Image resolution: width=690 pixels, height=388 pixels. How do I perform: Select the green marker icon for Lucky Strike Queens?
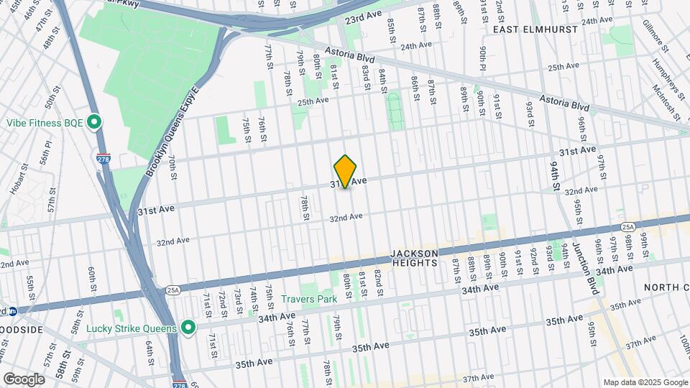tap(189, 328)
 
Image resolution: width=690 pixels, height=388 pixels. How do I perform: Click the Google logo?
tap(24, 379)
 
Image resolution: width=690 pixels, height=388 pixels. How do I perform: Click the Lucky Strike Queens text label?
tap(131, 328)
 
